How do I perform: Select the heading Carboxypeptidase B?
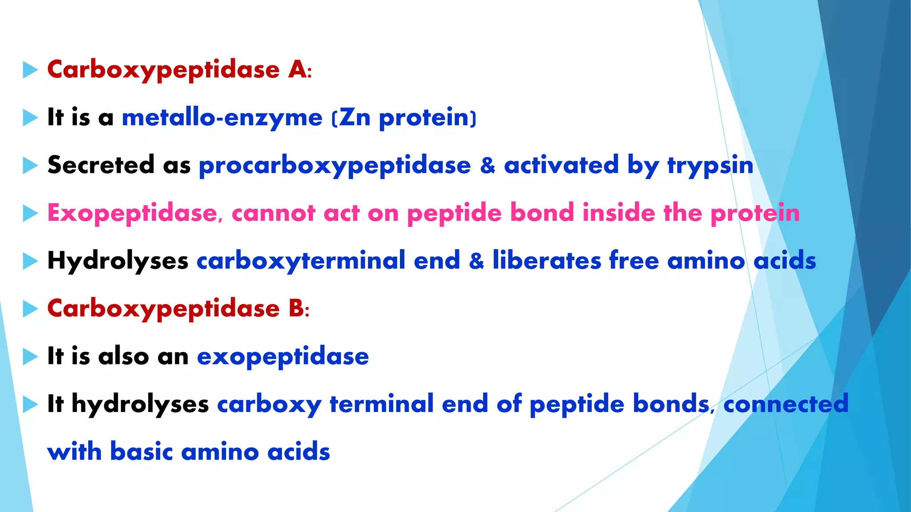tap(178, 308)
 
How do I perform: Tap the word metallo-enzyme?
tap(222, 118)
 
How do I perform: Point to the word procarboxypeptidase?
tap(335, 166)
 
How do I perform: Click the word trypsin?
tap(710, 166)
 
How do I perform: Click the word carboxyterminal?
tap(301, 261)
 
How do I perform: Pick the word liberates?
tap(547, 261)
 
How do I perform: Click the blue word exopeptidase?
tap(283, 356)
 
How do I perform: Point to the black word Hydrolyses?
tap(117, 261)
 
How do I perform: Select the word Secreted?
tap(101, 165)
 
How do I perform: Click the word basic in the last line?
tap(141, 452)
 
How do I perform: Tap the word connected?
tap(786, 404)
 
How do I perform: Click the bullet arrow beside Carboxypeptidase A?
tap(30, 70)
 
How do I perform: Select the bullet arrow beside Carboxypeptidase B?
tap(30, 309)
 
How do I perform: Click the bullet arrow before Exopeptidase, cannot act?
tap(30, 213)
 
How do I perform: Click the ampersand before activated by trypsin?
tap(488, 166)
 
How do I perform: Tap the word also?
tap(124, 356)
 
